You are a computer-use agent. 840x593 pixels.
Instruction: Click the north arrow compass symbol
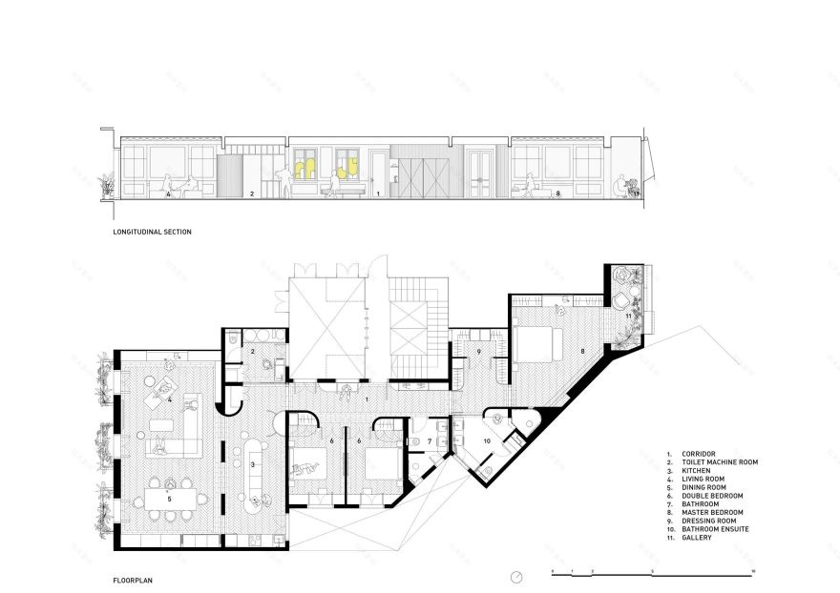point(516,577)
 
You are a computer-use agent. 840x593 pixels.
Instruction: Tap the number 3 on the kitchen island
point(252,464)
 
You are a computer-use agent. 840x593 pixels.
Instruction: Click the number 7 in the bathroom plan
point(430,441)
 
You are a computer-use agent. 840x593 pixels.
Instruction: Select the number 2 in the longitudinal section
point(251,194)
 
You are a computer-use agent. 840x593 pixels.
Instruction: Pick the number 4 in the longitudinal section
point(168,194)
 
